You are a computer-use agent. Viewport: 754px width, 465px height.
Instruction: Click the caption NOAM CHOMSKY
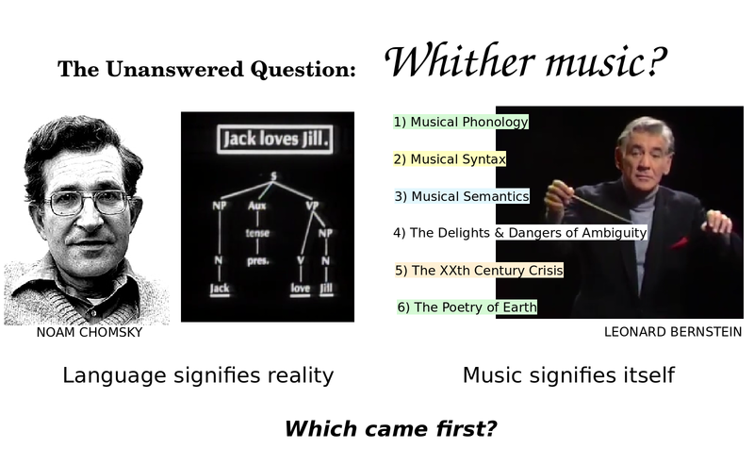point(90,332)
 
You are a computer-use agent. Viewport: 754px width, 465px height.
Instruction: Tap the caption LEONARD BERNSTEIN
point(673,332)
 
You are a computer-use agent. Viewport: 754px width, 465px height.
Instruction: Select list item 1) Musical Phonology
point(461,122)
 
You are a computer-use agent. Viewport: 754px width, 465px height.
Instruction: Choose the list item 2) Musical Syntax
point(450,158)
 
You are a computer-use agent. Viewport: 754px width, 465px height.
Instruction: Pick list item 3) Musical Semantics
point(462,196)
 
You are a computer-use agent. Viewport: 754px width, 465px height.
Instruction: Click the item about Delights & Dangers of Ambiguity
point(520,232)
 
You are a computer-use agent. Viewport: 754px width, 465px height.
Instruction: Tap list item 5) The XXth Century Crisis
point(479,270)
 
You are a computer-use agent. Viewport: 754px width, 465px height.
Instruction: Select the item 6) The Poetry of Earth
point(467,307)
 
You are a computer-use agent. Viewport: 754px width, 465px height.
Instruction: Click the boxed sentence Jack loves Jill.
point(275,139)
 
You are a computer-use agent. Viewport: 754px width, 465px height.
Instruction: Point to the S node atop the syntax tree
point(273,176)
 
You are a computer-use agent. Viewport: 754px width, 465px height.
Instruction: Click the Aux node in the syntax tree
point(257,206)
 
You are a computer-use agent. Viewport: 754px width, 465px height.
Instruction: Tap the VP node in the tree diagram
point(313,206)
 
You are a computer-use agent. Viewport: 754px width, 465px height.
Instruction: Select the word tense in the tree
point(257,233)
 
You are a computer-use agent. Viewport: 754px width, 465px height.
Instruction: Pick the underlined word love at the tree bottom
point(300,289)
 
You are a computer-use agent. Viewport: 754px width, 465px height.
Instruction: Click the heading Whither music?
point(526,61)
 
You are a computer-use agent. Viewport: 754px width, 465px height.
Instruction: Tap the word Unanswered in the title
point(175,69)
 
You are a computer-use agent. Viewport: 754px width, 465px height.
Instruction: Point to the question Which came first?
point(390,428)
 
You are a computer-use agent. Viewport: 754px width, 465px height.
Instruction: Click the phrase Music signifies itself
point(569,375)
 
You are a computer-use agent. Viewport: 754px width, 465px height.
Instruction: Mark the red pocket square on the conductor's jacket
point(680,242)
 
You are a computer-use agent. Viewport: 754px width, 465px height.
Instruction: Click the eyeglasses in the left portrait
point(89,203)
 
